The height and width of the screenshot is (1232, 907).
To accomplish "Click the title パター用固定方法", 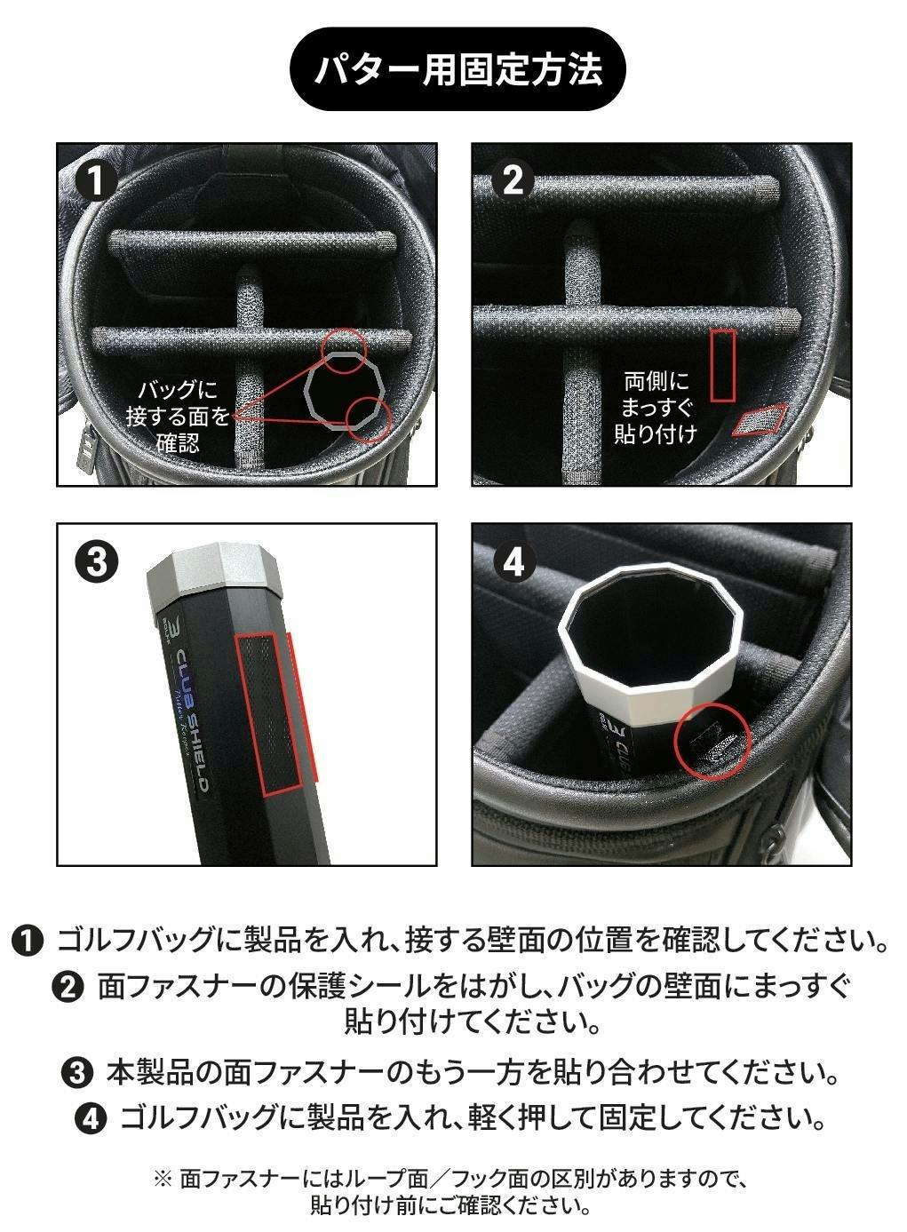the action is pyautogui.click(x=457, y=69).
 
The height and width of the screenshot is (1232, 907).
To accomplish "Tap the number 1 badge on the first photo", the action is pyautogui.click(x=97, y=179).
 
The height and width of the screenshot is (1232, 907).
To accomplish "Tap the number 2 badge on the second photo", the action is pyautogui.click(x=513, y=179).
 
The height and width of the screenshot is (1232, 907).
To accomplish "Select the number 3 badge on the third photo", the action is pyautogui.click(x=97, y=561).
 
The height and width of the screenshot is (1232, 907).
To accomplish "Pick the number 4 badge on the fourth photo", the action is pyautogui.click(x=513, y=561).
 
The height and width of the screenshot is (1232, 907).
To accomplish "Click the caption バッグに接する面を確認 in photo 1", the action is pyautogui.click(x=177, y=416).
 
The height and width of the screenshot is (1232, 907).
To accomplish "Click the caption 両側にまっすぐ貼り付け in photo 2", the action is pyautogui.click(x=655, y=408).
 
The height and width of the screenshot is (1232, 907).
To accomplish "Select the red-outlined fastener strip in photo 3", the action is pyautogui.click(x=268, y=715).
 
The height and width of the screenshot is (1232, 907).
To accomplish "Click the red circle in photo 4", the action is pyautogui.click(x=677, y=743).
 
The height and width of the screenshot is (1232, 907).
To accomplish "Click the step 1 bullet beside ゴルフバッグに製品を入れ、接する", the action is pyautogui.click(x=27, y=941).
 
